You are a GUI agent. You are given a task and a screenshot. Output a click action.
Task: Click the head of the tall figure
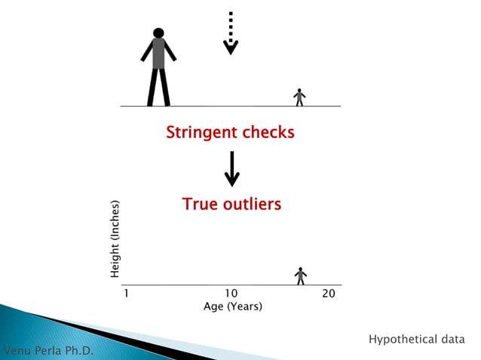coord(158,33)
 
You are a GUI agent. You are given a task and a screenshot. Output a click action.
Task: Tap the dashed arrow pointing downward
coord(231,34)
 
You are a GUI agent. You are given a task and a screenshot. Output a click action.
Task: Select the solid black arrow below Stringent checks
coord(232,169)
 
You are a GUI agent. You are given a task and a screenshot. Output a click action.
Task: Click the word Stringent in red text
coord(199,133)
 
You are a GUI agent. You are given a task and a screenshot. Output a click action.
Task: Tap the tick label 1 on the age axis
coord(126,294)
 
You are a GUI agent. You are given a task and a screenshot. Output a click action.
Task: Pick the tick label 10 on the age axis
coord(231,294)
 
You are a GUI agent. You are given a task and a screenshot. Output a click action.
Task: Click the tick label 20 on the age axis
coord(329,294)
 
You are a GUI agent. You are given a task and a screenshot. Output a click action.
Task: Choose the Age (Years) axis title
coord(233,307)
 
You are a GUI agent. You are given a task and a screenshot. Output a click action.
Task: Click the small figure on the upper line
coord(299,97)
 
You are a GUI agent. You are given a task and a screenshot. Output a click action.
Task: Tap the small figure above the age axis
coord(301,276)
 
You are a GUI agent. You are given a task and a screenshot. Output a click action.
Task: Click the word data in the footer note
coord(452,340)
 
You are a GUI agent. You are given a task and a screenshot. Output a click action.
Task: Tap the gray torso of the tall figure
coord(158,54)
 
